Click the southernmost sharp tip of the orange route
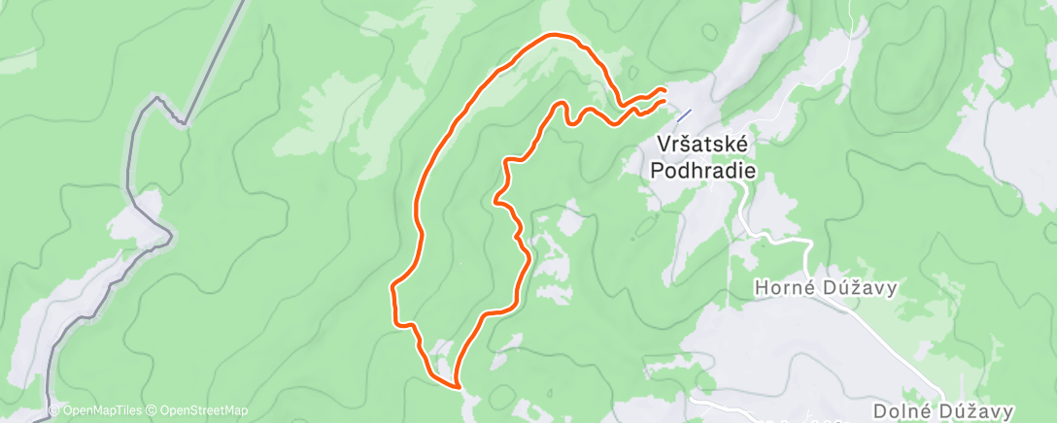(x=457, y=386)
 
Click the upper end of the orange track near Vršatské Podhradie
(x=664, y=90)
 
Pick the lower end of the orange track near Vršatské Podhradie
(x=665, y=101)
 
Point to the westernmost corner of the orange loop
(x=392, y=286)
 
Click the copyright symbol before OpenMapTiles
(x=54, y=410)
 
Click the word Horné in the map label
(x=782, y=288)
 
